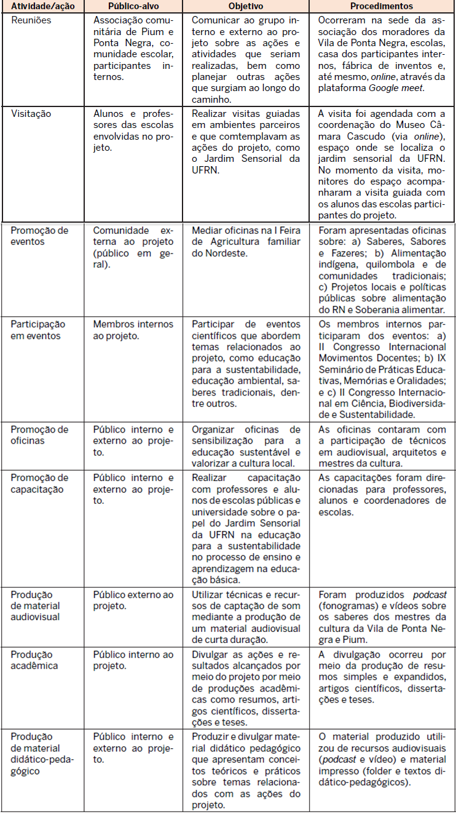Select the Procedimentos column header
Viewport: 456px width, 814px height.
coord(382,7)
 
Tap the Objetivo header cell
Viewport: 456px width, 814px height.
coord(246,7)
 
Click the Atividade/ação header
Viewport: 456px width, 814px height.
coord(43,7)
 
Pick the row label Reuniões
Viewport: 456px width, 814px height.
coord(31,20)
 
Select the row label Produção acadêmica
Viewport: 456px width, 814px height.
coord(32,660)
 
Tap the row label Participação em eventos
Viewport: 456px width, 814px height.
coord(37,330)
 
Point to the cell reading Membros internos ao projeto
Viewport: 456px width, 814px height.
coord(133,330)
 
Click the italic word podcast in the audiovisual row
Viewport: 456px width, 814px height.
coord(430,594)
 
